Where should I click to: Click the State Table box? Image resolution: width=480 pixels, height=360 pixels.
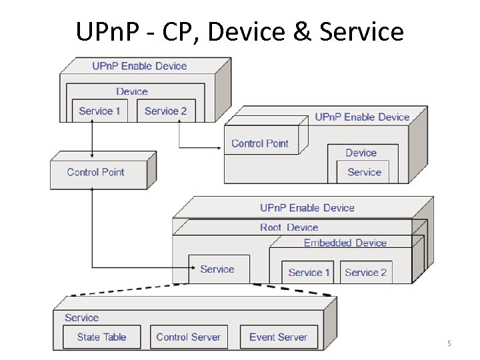[101, 337]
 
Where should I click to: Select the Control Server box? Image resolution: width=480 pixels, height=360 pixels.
[188, 337]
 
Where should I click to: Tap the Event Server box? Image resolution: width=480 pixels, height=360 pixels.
[278, 337]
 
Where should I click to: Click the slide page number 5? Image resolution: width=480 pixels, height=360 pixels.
[449, 343]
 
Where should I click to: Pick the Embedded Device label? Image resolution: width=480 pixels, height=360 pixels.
[345, 243]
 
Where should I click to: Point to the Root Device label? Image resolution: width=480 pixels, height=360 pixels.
[289, 227]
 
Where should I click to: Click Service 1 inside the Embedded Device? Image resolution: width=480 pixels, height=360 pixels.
[309, 272]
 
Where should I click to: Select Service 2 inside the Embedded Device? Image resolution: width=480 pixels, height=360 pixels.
[365, 272]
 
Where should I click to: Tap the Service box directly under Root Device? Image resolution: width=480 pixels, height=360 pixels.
[217, 269]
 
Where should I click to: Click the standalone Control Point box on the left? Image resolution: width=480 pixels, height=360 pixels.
[96, 172]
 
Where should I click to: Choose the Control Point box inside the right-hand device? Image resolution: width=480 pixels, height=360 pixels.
[260, 143]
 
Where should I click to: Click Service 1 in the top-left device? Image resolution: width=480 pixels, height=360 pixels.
[99, 111]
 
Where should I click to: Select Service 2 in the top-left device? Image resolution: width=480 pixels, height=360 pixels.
[165, 111]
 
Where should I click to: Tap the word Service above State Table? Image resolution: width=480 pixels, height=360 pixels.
[81, 318]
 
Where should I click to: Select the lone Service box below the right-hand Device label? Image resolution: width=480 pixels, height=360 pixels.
[364, 172]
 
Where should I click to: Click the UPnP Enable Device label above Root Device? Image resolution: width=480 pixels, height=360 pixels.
[307, 208]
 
